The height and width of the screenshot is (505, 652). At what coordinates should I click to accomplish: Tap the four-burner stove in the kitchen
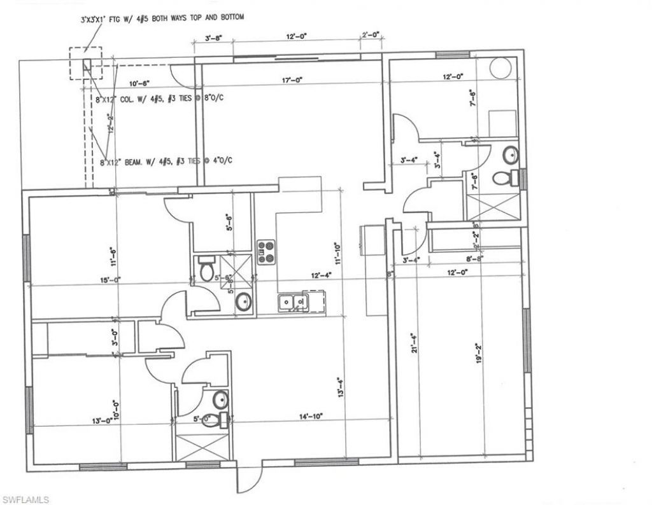pyautogui.click(x=265, y=252)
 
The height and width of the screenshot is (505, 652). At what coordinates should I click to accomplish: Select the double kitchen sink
pyautogui.click(x=294, y=301)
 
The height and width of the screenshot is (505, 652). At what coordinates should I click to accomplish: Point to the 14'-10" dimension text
pyautogui.click(x=311, y=416)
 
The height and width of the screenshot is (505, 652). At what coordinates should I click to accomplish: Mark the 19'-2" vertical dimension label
pyautogui.click(x=479, y=354)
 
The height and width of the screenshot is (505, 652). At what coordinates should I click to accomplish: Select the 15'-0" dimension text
pyautogui.click(x=93, y=280)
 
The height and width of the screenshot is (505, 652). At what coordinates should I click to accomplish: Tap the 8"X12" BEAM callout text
pyautogui.click(x=167, y=162)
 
